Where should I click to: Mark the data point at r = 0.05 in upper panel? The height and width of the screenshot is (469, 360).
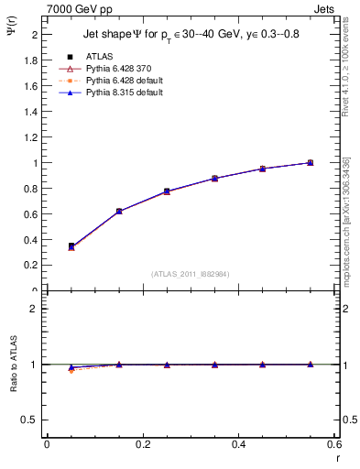pos(71,246)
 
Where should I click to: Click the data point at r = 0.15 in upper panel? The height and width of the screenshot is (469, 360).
pos(119,212)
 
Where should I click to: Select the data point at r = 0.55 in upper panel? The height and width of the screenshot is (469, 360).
pos(310,163)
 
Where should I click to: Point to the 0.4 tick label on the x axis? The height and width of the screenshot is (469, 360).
pos(238,444)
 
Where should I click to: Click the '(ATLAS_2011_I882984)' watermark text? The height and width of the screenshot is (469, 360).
pos(191,274)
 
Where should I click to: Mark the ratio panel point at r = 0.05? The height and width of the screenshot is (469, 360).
pos(71,368)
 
